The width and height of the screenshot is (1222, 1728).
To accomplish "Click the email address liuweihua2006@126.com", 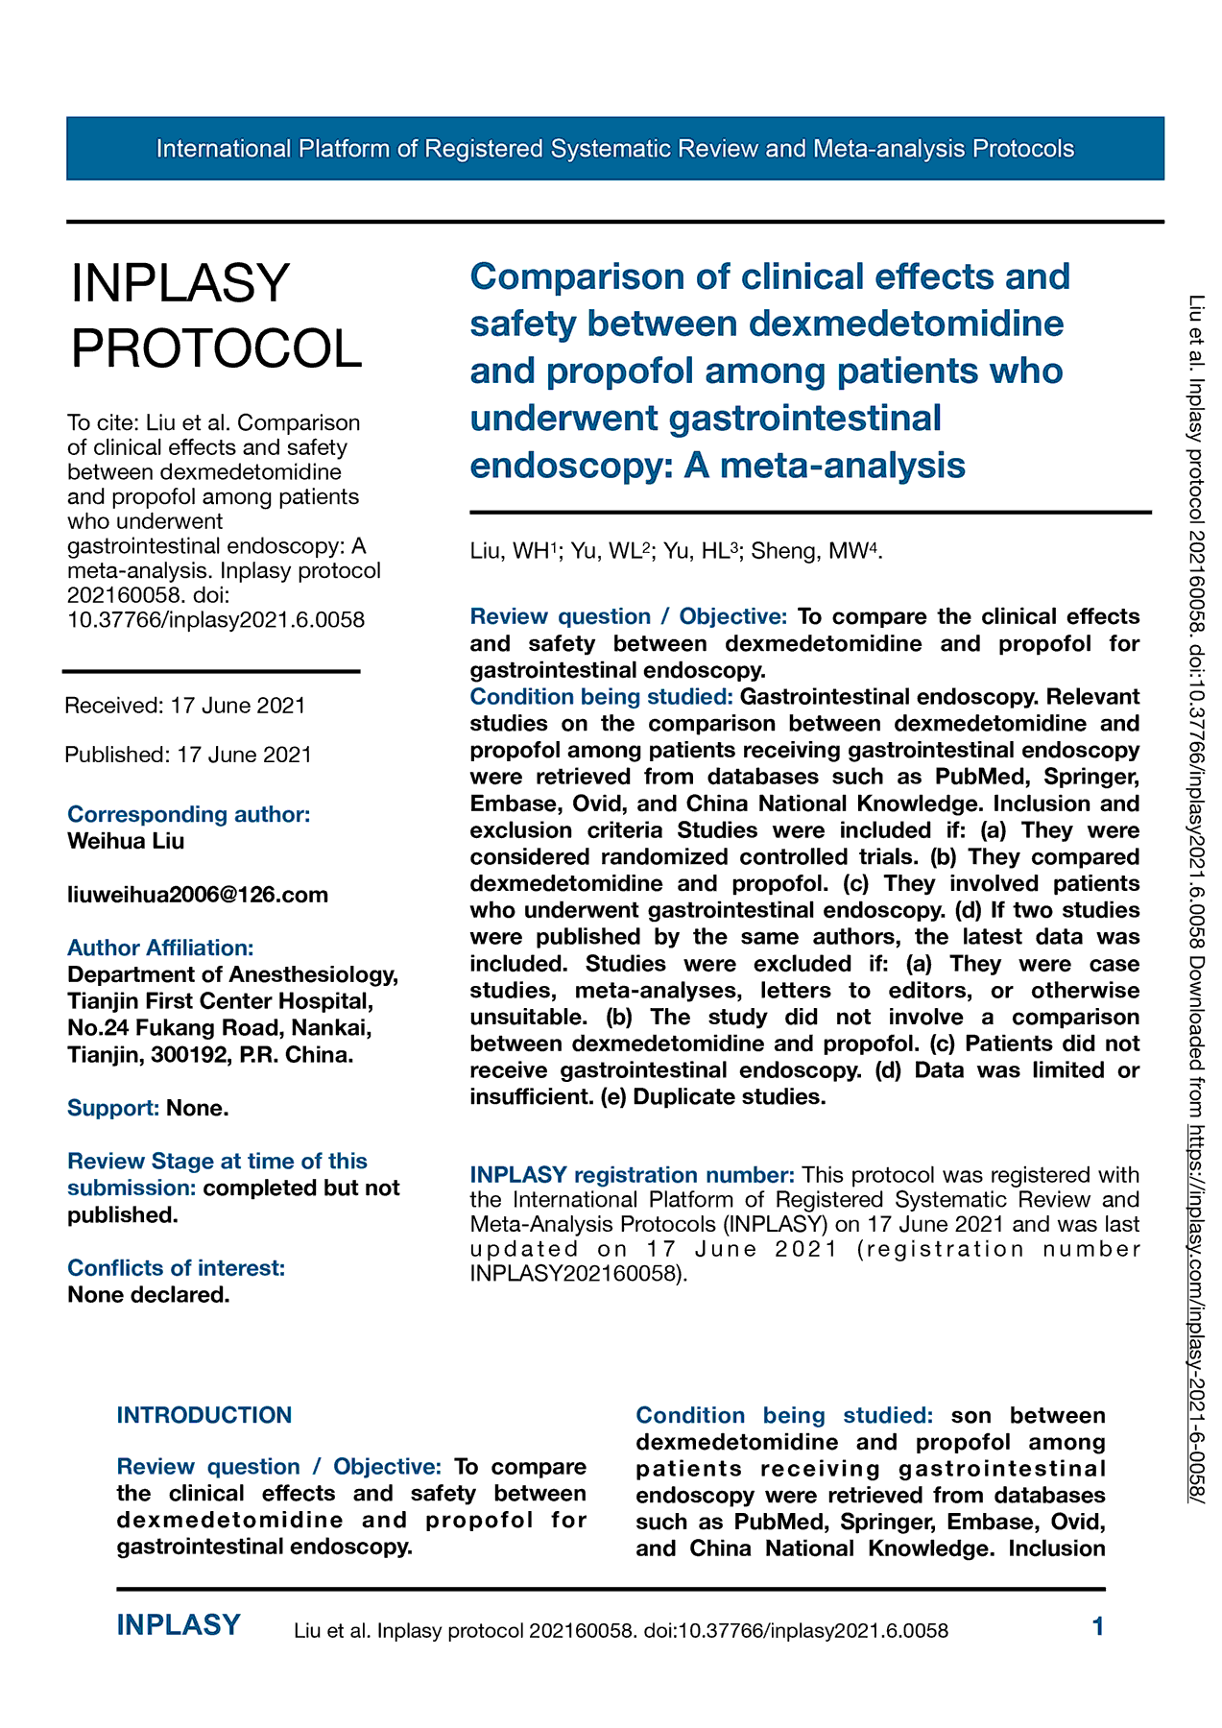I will coord(198,895).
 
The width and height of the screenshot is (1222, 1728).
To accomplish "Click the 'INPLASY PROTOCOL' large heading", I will coord(216,315).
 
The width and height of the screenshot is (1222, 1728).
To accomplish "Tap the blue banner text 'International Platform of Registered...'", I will coord(614,149).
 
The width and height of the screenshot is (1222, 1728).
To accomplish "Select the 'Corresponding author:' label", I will coord(188,814).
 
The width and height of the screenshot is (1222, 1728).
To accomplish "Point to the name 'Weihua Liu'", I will coord(126,841).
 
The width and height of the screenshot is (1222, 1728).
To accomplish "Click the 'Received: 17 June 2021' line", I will coord(185,706).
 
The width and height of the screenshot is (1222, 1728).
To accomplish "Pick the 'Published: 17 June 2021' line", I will coord(188,755).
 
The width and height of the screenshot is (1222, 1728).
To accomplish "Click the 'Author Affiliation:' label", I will coord(160,948).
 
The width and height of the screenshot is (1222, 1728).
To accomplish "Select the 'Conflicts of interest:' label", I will coord(176,1267).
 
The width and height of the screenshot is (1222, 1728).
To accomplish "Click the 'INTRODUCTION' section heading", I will coord(204,1415).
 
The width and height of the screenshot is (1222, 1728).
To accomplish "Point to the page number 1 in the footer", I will coord(1098,1626).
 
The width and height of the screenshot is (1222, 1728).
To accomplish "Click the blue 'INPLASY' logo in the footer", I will coord(179,1625).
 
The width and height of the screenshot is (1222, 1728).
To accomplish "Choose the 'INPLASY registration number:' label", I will coord(632,1175).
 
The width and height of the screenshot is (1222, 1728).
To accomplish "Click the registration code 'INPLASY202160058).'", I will coord(579,1275).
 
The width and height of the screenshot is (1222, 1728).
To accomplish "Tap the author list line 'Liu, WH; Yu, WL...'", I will coord(676,551).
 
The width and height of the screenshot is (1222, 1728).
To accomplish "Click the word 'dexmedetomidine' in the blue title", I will coord(906,324).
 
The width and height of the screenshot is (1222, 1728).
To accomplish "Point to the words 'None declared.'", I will coord(149,1294).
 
